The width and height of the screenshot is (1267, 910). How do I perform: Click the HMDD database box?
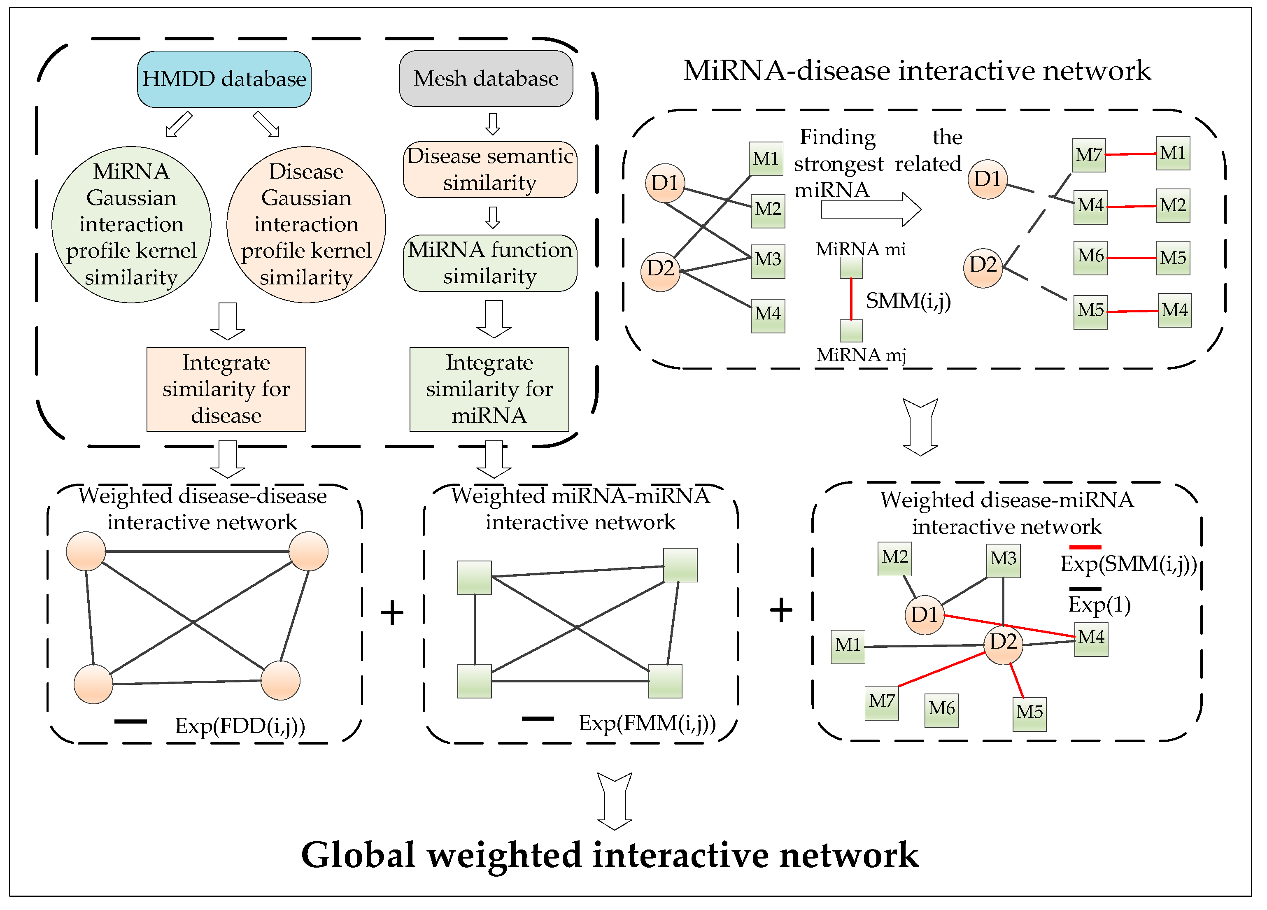pyautogui.click(x=224, y=79)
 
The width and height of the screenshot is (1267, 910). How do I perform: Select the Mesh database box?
pyautogui.click(x=485, y=78)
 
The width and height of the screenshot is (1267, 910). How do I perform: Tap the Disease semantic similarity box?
pyautogui.click(x=489, y=169)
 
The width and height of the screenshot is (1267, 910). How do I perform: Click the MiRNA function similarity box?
pyautogui.click(x=489, y=263)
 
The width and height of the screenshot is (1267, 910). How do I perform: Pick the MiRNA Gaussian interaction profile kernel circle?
pyautogui.click(x=131, y=225)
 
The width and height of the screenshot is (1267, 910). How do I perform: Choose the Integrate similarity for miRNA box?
pyautogui.click(x=489, y=389)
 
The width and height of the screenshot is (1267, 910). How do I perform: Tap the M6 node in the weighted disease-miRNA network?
pyautogui.click(x=941, y=710)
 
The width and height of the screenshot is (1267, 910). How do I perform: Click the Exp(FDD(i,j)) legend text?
pyautogui.click(x=240, y=726)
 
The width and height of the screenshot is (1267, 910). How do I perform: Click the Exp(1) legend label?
pyautogui.click(x=1099, y=605)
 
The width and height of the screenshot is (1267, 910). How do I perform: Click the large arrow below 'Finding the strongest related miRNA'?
pyautogui.click(x=870, y=209)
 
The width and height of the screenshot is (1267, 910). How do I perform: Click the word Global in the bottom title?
pyautogui.click(x=358, y=855)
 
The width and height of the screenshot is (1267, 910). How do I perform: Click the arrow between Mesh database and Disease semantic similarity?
pyautogui.click(x=492, y=124)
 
